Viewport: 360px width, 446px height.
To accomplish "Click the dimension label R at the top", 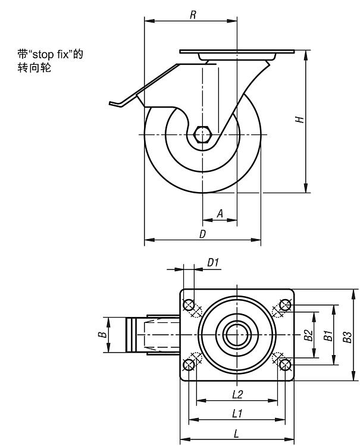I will click(193, 15).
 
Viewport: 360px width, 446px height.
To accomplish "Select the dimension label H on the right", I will click(300, 120).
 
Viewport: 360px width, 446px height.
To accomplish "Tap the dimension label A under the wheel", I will click(219, 213).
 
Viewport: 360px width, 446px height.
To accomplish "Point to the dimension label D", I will click(202, 234).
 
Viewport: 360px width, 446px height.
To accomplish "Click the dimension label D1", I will click(213, 262).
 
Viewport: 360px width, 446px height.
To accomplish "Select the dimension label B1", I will click(327, 335).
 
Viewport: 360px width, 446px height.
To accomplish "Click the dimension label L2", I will click(237, 394).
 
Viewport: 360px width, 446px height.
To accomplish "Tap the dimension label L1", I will click(237, 413).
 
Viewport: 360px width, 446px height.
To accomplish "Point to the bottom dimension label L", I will click(237, 433).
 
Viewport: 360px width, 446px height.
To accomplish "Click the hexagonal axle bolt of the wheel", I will click(203, 134).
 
